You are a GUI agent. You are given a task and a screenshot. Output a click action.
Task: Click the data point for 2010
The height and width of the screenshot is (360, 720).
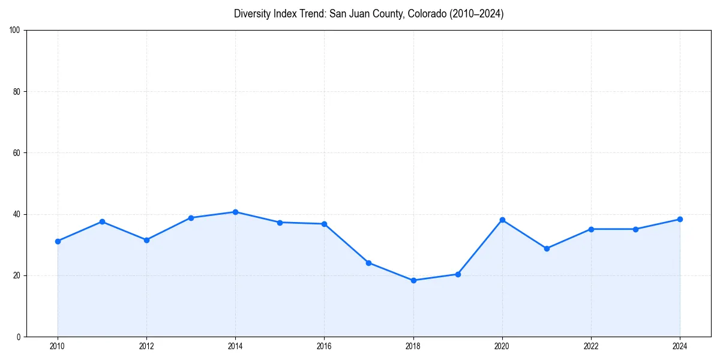58,241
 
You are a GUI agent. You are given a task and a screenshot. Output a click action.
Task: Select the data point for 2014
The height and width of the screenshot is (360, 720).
235,212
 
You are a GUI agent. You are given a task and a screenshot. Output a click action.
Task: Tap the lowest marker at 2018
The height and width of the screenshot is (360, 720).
413,280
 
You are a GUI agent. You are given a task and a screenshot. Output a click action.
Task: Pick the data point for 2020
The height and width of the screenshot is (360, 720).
502,220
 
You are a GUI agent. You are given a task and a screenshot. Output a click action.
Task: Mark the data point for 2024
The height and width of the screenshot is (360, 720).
680,219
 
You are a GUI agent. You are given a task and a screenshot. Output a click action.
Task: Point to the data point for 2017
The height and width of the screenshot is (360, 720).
368,263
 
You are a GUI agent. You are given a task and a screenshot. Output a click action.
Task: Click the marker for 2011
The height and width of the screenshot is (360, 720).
102,221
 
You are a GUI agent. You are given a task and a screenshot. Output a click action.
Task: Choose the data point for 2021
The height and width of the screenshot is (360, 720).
547,248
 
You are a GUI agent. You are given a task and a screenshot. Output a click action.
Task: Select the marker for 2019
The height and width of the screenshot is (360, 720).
458,274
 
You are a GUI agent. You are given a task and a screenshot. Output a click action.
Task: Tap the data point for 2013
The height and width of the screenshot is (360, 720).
191,218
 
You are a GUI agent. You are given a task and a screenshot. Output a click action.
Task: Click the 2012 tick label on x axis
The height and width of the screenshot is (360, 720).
146,346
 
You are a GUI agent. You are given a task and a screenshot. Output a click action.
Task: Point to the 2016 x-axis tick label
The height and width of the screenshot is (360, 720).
324,346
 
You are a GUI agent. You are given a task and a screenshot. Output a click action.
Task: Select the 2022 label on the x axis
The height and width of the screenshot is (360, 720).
591,346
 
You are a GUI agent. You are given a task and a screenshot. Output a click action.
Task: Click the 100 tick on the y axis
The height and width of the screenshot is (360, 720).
16,31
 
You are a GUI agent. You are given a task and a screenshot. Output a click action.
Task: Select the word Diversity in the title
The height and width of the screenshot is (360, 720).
252,14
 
